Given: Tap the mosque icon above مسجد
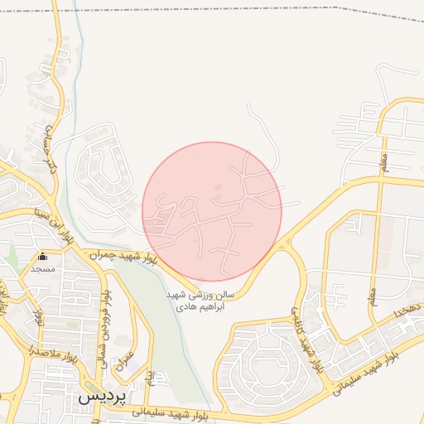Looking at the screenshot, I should tap(42, 258).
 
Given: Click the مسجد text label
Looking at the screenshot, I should tap(42, 269).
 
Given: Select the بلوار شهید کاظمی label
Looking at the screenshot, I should tap(303, 332).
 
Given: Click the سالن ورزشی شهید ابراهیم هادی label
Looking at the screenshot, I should tap(200, 301).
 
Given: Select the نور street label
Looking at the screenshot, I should tap(37, 315).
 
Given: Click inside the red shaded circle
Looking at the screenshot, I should tap(212, 211).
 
